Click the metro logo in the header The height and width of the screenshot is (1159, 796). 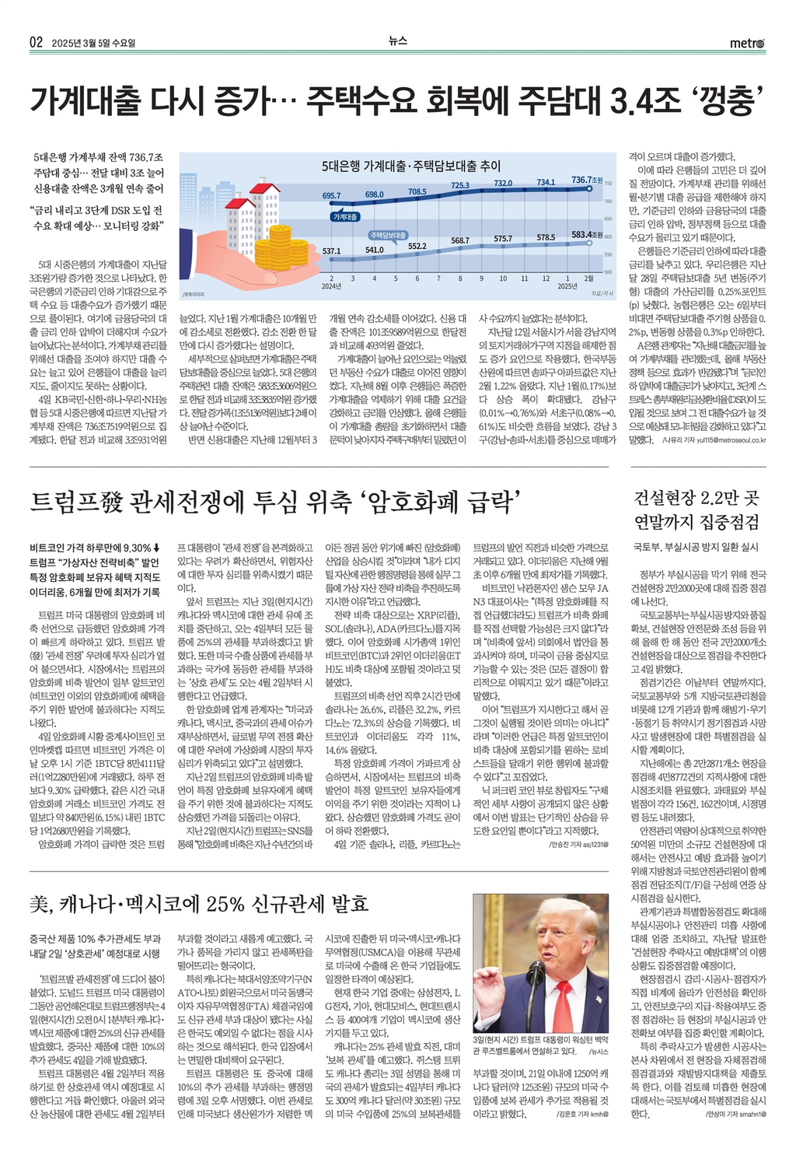[746, 43]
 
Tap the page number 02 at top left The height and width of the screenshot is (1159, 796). [36, 43]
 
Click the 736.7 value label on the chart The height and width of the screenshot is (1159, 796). [582, 180]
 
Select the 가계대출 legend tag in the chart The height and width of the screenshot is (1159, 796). [345, 216]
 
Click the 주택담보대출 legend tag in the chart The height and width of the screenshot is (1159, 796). [388, 235]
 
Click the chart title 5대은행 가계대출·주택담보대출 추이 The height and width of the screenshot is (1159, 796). [411, 166]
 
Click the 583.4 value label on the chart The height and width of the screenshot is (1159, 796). [581, 234]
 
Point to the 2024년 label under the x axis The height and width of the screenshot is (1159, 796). [331, 285]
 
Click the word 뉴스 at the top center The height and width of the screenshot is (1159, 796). [397, 41]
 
